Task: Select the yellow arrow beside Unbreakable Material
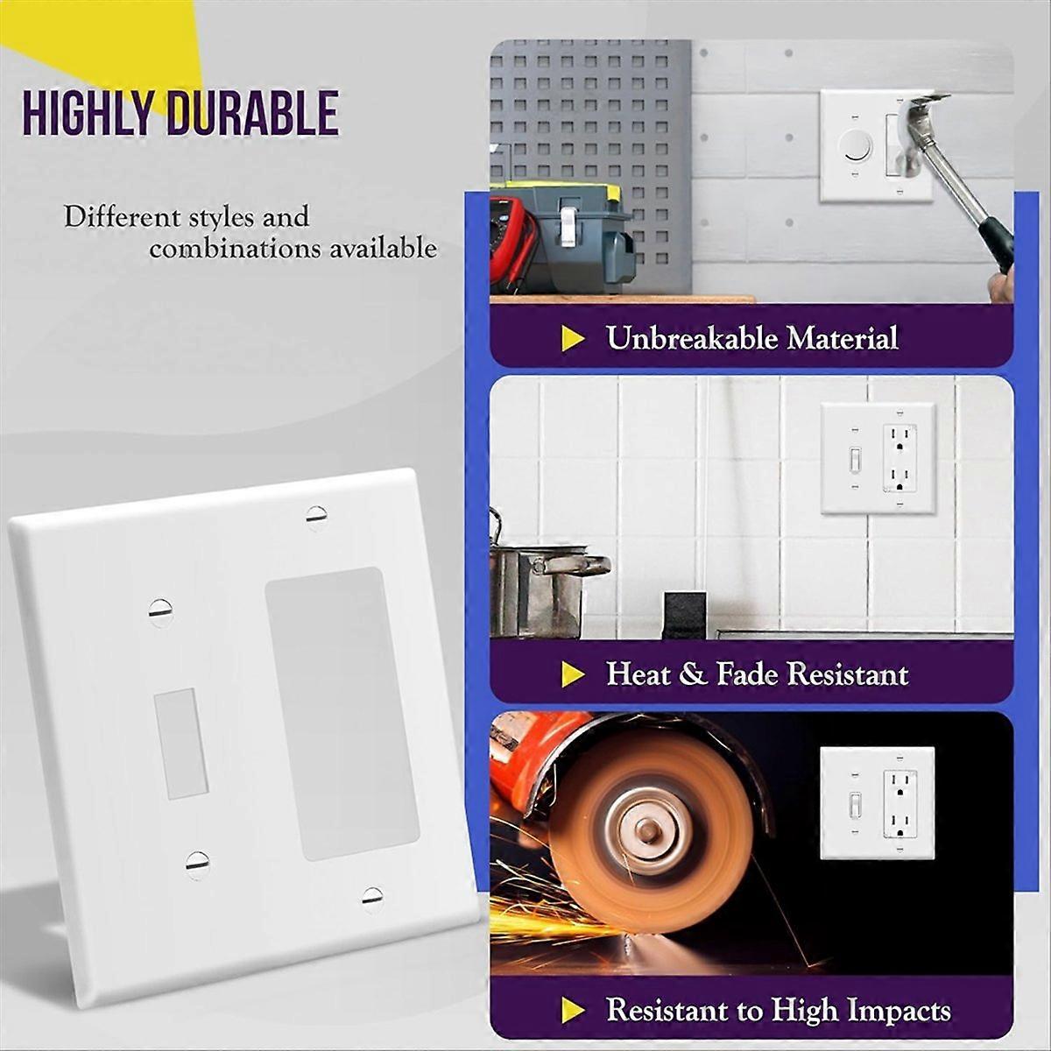(573, 339)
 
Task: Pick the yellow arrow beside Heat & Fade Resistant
(573, 674)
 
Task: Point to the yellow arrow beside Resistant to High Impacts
(573, 1010)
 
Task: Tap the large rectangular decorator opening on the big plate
(342, 713)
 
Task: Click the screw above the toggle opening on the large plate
(160, 611)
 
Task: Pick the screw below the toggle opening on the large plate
(198, 864)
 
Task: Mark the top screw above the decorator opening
(317, 517)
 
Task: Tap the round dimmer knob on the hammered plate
(856, 146)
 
